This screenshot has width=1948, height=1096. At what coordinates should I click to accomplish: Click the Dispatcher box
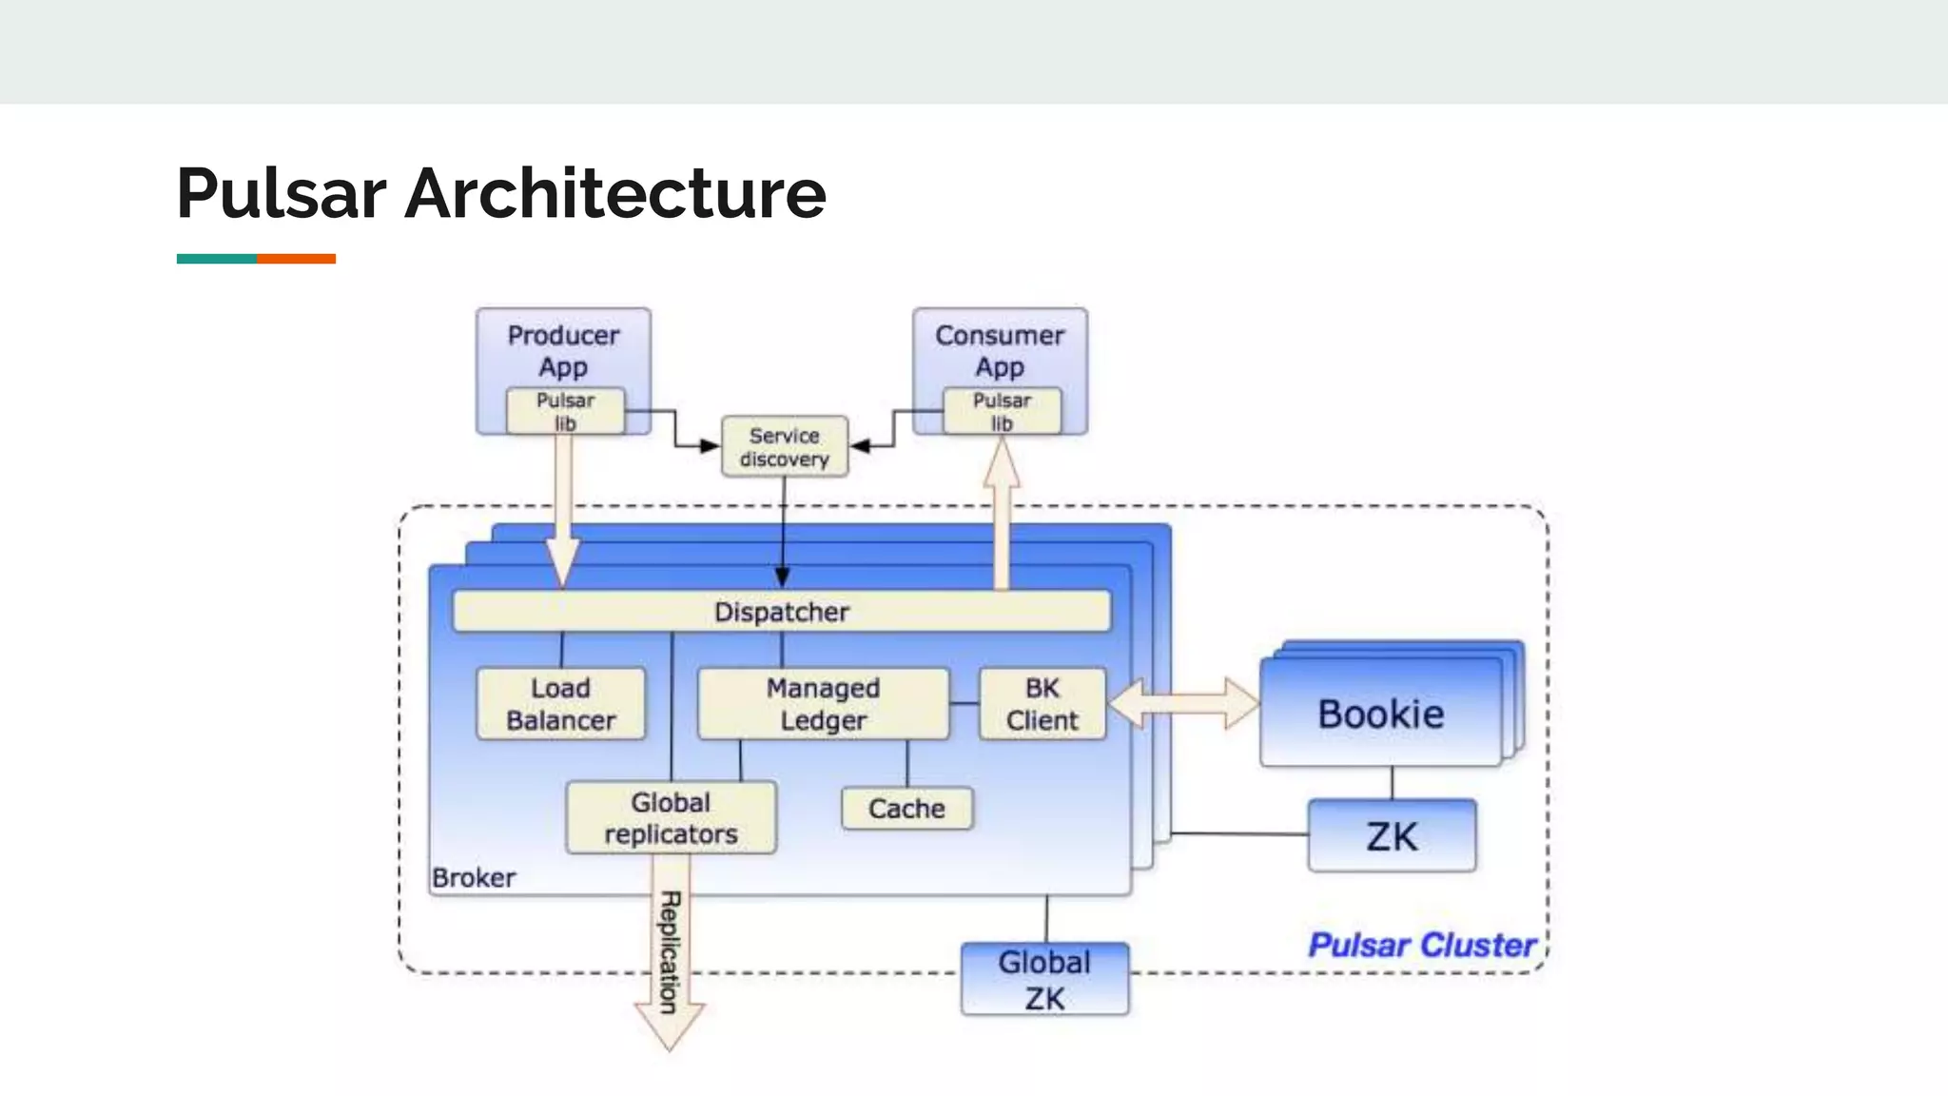781,612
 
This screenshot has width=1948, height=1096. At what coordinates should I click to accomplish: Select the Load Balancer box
560,704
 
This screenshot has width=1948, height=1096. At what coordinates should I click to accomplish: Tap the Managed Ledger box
823,704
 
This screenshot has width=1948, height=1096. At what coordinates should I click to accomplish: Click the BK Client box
1042,704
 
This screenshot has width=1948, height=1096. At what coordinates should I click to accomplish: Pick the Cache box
906,809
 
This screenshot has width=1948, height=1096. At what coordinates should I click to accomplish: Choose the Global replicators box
671,818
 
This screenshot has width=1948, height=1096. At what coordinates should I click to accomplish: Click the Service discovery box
784,447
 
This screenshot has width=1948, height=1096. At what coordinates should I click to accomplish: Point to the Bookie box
1380,714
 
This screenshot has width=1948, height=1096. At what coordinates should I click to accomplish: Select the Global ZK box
1044,980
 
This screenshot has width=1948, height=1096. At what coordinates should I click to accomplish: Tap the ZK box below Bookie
1392,836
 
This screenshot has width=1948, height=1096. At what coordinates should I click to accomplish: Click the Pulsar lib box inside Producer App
565,411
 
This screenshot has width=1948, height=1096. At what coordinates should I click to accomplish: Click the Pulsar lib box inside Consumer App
1002,411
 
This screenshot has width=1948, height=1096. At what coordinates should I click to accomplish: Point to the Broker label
474,877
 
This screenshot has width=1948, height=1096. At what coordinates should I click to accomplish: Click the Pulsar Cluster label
1421,945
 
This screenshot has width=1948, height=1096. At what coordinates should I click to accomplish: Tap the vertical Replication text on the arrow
670,951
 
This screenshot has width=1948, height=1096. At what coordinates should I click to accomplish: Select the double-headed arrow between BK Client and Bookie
1183,704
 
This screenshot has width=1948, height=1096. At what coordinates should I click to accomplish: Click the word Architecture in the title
615,194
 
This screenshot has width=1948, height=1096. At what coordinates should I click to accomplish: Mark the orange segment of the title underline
296,259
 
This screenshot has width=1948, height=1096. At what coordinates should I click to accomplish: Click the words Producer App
563,350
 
